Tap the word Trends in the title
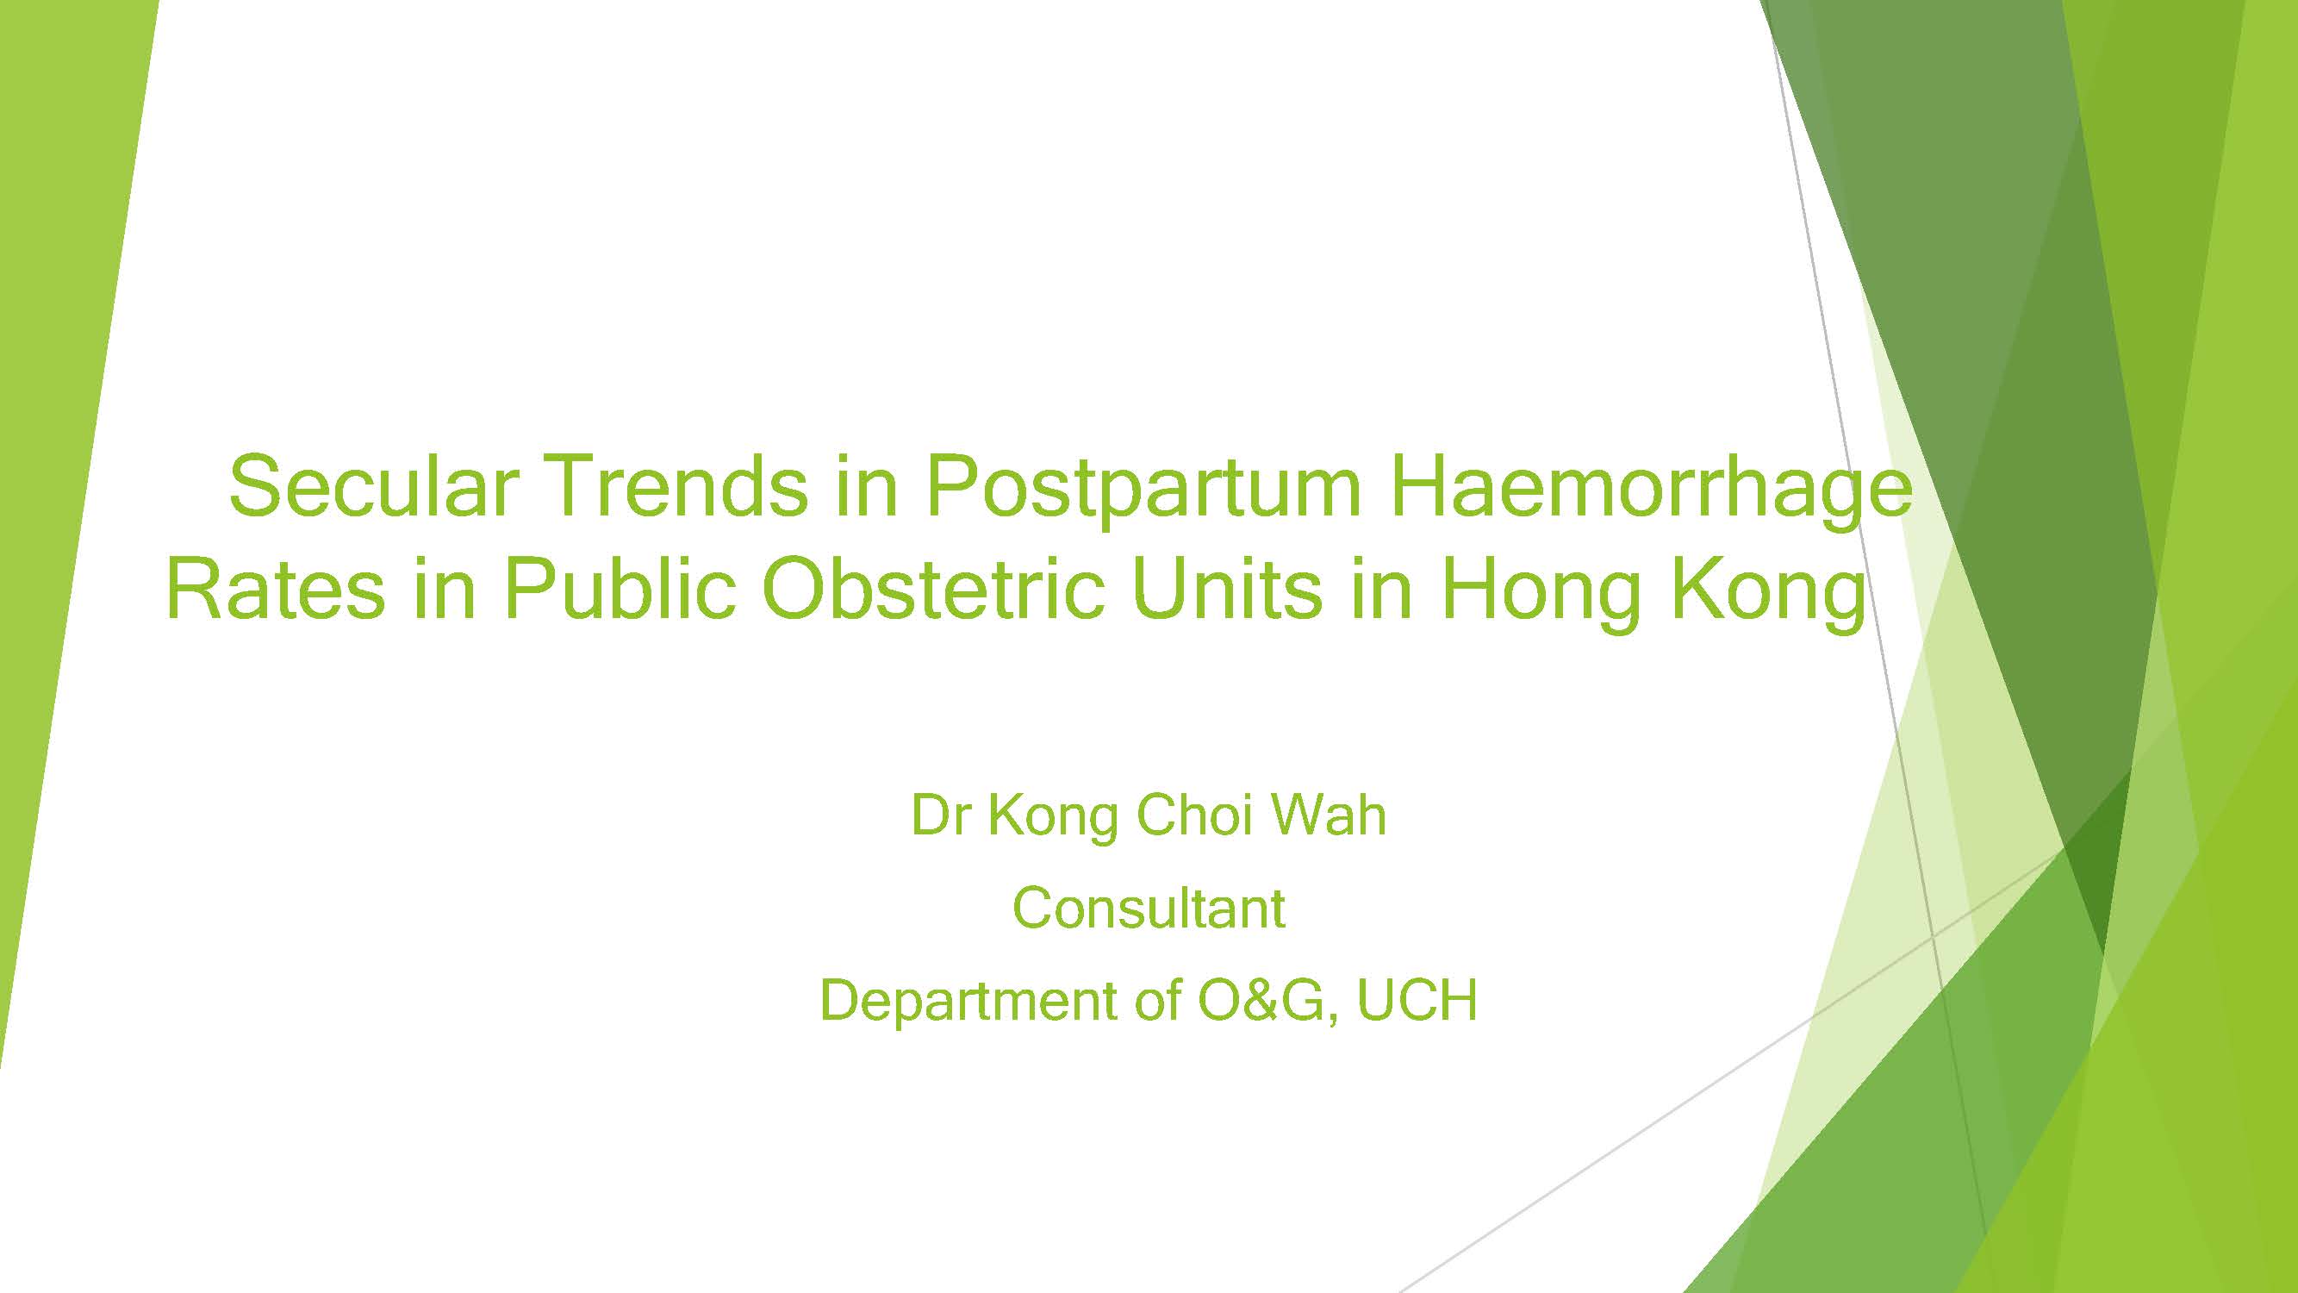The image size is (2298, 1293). pos(675,485)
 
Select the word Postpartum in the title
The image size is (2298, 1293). pos(1143,489)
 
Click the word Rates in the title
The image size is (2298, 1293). pos(276,589)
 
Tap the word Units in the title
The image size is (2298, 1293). pos(1227,588)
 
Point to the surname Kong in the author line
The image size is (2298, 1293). pos(1053,818)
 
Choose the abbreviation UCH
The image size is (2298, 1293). pos(1417,999)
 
